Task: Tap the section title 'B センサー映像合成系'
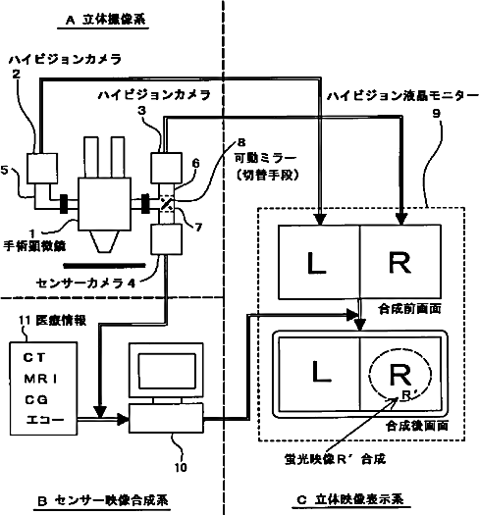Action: pyautogui.click(x=103, y=500)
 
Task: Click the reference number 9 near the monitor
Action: pyautogui.click(x=436, y=114)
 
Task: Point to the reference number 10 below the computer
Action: pyautogui.click(x=181, y=467)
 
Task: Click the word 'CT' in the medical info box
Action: pyautogui.click(x=34, y=357)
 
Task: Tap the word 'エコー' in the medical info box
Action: pyautogui.click(x=45, y=420)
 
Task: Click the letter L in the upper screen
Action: pyautogui.click(x=316, y=263)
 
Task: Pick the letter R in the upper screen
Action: pyautogui.click(x=399, y=262)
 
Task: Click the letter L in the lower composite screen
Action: pyautogui.click(x=321, y=372)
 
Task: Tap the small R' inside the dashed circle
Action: pyautogui.click(x=407, y=394)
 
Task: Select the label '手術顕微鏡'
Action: pyautogui.click(x=34, y=245)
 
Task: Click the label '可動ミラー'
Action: pyautogui.click(x=265, y=158)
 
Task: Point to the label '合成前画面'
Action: pyautogui.click(x=409, y=309)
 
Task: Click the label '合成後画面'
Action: pyautogui.click(x=417, y=426)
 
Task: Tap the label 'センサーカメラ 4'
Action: pyautogui.click(x=85, y=283)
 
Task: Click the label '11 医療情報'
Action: pyautogui.click(x=53, y=320)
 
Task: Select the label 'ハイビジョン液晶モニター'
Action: pyautogui.click(x=402, y=95)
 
